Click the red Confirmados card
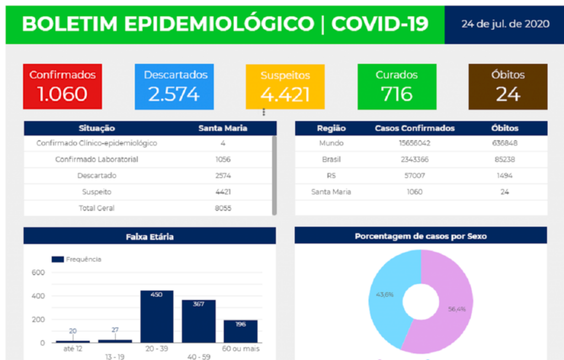coord(62,86)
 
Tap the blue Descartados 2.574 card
coord(174,86)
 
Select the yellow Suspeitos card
coord(285,86)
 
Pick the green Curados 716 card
coord(397,86)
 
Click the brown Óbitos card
coord(508,86)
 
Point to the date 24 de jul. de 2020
coord(505,24)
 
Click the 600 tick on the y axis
coord(38,272)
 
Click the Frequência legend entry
coord(77,259)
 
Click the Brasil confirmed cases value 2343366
coord(415,160)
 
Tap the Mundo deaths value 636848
coord(505,143)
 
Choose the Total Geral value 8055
coord(223,208)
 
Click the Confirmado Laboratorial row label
coord(96,160)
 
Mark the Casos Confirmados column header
coord(415,128)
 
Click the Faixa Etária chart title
coord(149,236)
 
